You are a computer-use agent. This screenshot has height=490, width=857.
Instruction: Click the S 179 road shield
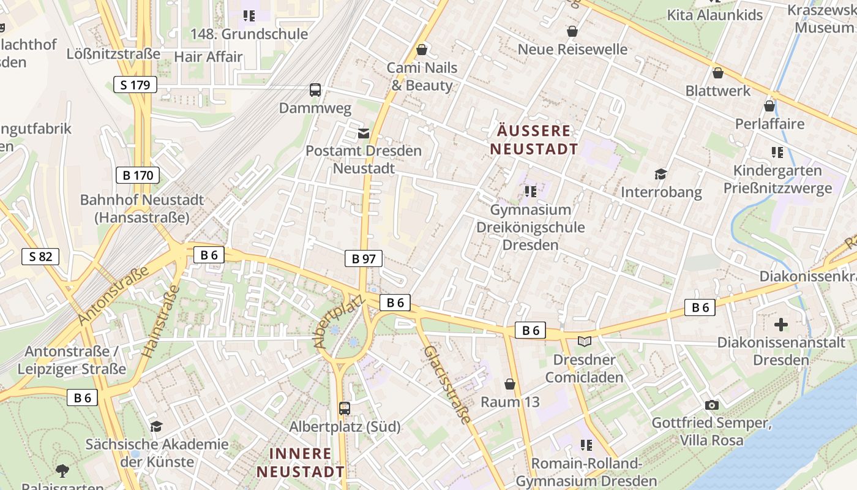135,85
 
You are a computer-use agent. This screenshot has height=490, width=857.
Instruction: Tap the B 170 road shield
138,175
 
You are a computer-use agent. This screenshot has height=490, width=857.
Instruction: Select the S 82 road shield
40,256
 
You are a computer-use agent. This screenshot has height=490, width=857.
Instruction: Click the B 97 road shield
363,258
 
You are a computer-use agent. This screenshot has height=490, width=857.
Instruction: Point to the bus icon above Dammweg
315,90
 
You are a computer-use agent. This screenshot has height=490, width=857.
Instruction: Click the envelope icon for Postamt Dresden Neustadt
364,133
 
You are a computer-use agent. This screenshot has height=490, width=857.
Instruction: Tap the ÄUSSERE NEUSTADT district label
534,140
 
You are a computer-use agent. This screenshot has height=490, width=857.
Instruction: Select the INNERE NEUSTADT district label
301,462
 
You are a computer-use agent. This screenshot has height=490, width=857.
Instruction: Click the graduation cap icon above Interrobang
661,174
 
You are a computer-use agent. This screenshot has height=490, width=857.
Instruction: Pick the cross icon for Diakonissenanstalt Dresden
781,324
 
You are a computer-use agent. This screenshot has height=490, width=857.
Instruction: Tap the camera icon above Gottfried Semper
711,405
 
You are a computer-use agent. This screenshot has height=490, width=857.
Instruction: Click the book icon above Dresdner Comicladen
585,342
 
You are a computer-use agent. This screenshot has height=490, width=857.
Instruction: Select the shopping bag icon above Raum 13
509,384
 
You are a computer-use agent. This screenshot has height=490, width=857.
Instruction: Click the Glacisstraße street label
447,385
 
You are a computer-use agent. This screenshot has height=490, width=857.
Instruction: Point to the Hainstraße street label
159,325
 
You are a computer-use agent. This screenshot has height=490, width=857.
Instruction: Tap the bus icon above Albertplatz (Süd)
345,408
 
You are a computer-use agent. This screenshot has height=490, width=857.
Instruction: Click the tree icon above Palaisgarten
62,470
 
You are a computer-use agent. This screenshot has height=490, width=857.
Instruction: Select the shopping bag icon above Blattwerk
718,73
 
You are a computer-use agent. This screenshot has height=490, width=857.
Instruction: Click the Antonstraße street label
114,296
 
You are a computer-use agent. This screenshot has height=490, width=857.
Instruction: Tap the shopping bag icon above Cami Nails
421,49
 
